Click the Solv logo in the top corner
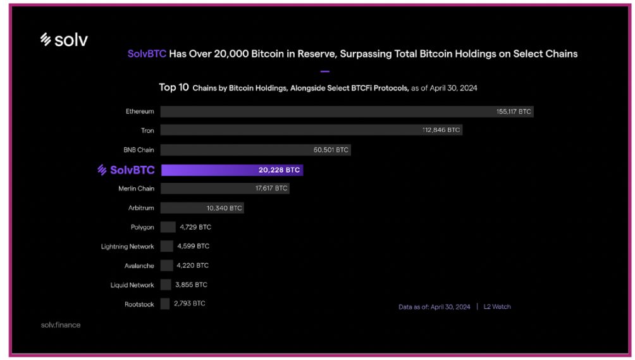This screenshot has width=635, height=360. [x=64, y=40]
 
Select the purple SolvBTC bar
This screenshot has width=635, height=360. [x=231, y=170]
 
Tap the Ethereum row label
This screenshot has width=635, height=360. [x=140, y=111]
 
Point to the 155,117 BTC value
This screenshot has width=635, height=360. [x=514, y=111]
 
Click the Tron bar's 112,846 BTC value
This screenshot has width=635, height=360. [x=441, y=130]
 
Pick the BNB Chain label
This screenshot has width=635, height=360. [x=139, y=150]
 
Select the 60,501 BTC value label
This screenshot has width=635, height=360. [x=331, y=150]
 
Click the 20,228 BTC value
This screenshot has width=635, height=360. [x=279, y=170]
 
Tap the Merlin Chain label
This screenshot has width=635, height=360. [x=136, y=189]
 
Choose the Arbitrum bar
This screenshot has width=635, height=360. [x=202, y=208]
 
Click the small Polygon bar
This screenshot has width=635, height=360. [x=168, y=227]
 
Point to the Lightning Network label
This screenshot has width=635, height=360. [x=127, y=246]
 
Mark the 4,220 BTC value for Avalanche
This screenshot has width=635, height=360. [x=192, y=265]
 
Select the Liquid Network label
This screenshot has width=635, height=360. [x=132, y=285]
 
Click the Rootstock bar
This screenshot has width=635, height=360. [x=165, y=304]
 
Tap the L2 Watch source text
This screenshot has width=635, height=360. [x=497, y=307]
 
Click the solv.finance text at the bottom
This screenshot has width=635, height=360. [x=60, y=325]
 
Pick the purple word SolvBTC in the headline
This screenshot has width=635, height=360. [x=147, y=54]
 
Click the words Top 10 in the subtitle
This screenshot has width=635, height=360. [x=174, y=87]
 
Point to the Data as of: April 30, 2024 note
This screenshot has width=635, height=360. [x=434, y=307]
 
